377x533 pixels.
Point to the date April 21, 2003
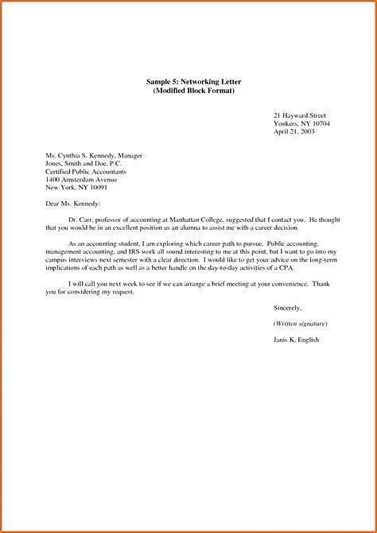293,134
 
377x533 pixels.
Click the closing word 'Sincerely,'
287,308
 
